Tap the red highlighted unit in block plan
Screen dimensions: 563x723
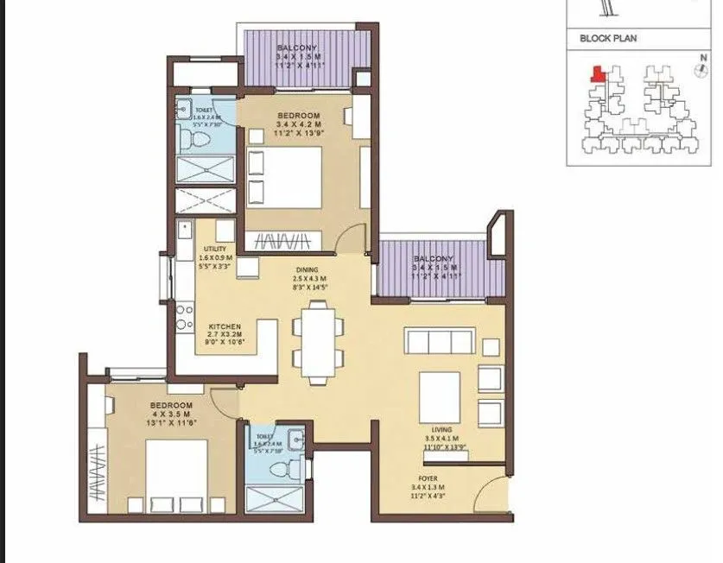point(596,75)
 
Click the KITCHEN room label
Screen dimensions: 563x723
point(224,327)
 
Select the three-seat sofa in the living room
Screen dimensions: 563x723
point(439,341)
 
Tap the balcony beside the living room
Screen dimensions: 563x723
point(433,270)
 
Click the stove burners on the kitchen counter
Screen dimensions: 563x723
point(183,316)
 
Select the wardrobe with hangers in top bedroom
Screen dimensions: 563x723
point(283,240)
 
